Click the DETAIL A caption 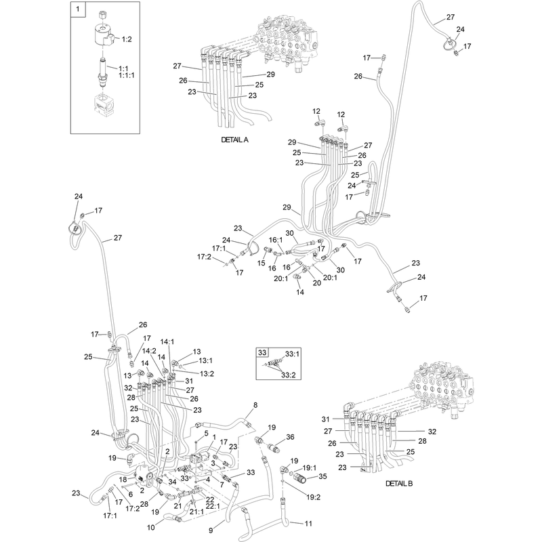(x=234, y=140)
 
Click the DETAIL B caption (x=399, y=483)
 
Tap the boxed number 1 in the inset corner (x=77, y=9)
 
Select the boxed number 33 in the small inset (x=262, y=352)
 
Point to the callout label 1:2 (x=127, y=39)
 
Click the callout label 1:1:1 (x=127, y=75)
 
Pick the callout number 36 (x=290, y=437)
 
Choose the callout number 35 (x=322, y=476)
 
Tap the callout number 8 (x=255, y=405)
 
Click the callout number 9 (x=211, y=530)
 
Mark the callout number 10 (x=151, y=528)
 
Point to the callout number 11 (x=308, y=523)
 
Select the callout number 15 (x=261, y=263)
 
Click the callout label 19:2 (x=313, y=497)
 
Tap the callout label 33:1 (x=293, y=354)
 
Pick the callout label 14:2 (x=149, y=351)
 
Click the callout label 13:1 (x=206, y=360)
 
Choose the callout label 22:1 (x=213, y=506)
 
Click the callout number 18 (x=123, y=480)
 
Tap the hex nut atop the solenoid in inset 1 (x=102, y=15)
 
